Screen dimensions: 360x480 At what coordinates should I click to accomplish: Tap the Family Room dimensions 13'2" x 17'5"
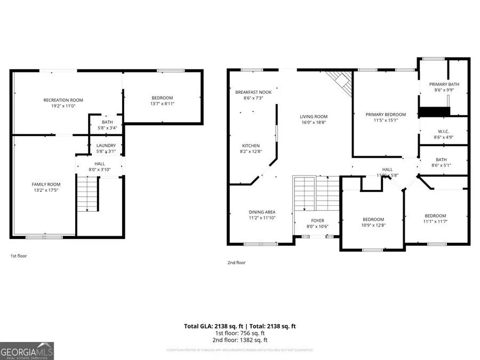coord(46,190)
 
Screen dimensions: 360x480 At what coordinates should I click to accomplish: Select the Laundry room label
coord(106,145)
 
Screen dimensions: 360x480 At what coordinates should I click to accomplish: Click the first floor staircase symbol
coord(88,194)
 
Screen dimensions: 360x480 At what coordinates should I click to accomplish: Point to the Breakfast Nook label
coord(253,92)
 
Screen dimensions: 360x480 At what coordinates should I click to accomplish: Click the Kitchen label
coord(251,146)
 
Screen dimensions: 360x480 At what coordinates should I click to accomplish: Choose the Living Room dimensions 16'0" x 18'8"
coord(313,122)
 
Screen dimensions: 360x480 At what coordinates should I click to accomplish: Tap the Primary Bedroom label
coord(385,114)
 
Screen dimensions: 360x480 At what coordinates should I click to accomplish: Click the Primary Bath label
coord(444,84)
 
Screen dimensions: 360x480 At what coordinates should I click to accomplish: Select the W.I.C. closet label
coord(444,131)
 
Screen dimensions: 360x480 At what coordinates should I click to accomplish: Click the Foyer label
coord(317,220)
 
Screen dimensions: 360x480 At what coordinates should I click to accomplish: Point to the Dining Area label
coord(262,212)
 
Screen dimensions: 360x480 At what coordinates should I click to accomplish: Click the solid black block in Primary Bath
coord(435,111)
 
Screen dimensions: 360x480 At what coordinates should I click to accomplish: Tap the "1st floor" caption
coord(19,256)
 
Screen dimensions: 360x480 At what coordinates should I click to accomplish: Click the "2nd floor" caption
coord(237,262)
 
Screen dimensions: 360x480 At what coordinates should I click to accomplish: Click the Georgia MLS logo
coord(27,351)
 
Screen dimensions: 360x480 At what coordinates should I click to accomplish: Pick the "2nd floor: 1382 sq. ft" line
coord(240,340)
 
